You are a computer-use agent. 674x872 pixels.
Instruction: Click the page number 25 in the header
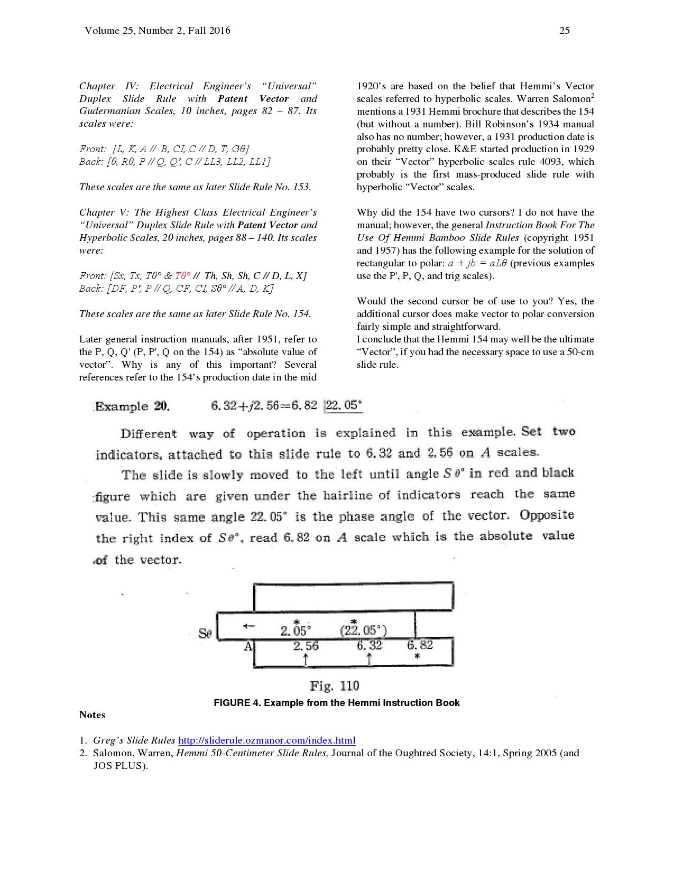(x=564, y=31)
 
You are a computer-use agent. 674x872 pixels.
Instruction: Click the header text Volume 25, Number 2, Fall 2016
(x=157, y=31)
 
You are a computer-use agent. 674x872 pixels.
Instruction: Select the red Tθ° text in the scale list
(x=182, y=276)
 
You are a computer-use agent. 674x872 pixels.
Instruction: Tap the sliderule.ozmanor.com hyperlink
(x=266, y=740)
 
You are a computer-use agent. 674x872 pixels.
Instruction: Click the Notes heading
(x=92, y=715)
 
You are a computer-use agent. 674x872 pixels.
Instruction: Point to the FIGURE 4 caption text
(x=336, y=703)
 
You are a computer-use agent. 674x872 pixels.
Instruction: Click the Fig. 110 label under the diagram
(x=334, y=686)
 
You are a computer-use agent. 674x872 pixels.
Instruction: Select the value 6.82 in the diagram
(x=420, y=645)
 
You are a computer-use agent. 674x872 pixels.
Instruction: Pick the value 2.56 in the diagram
(x=306, y=646)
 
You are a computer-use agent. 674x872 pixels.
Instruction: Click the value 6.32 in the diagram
(x=369, y=645)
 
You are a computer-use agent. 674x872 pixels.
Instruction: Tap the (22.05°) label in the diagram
(x=363, y=630)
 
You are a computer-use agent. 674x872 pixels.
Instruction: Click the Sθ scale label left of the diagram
(x=205, y=633)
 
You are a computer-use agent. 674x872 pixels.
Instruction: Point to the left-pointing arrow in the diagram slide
(x=248, y=627)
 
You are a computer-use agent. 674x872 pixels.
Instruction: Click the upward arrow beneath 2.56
(x=306, y=658)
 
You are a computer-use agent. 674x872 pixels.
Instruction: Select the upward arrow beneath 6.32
(x=369, y=658)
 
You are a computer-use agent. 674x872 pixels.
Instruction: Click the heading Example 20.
(x=133, y=406)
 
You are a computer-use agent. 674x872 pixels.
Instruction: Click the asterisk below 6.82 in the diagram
(x=418, y=657)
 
